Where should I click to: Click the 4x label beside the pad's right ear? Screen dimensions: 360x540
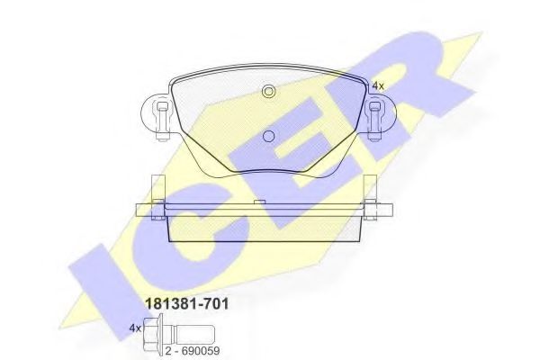[x=377, y=85]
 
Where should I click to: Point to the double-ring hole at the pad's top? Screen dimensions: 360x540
[x=267, y=91]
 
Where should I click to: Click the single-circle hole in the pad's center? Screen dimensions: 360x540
[x=267, y=136]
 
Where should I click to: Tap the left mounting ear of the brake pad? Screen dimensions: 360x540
[x=158, y=116]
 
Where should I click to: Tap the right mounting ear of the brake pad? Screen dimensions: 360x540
[x=377, y=117]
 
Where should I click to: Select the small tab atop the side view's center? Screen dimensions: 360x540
[x=259, y=202]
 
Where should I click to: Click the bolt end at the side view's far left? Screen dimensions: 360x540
[x=138, y=211]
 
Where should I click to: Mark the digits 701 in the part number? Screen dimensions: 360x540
[x=214, y=304]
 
